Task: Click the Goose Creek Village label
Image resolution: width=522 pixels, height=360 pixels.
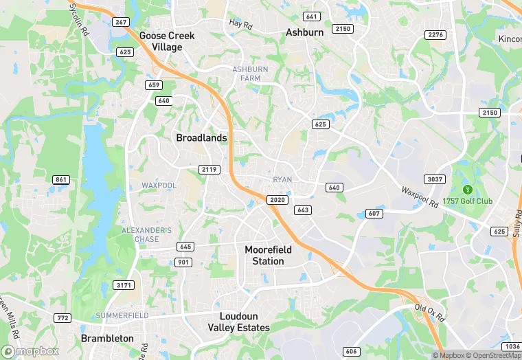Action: (166, 41)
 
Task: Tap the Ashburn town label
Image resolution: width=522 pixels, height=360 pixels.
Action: (304, 32)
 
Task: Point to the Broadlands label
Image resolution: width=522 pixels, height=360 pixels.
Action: (201, 137)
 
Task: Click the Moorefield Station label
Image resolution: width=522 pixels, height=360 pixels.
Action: (268, 255)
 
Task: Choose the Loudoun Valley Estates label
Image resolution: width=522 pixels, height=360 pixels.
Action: (238, 322)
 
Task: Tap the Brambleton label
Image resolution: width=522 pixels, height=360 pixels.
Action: (107, 339)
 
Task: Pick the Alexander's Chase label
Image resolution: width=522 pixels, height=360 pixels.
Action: (147, 235)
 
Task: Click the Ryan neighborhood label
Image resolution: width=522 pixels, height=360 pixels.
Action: (282, 179)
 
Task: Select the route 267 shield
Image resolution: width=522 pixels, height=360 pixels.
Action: (121, 23)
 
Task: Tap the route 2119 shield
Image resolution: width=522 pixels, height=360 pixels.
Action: (209, 169)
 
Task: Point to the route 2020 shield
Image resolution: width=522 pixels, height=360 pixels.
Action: (277, 199)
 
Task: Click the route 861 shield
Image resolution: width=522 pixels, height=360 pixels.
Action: (61, 180)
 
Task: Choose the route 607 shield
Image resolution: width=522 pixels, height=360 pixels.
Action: (374, 213)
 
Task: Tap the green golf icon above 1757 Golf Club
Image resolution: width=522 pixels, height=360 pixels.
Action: (467, 190)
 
